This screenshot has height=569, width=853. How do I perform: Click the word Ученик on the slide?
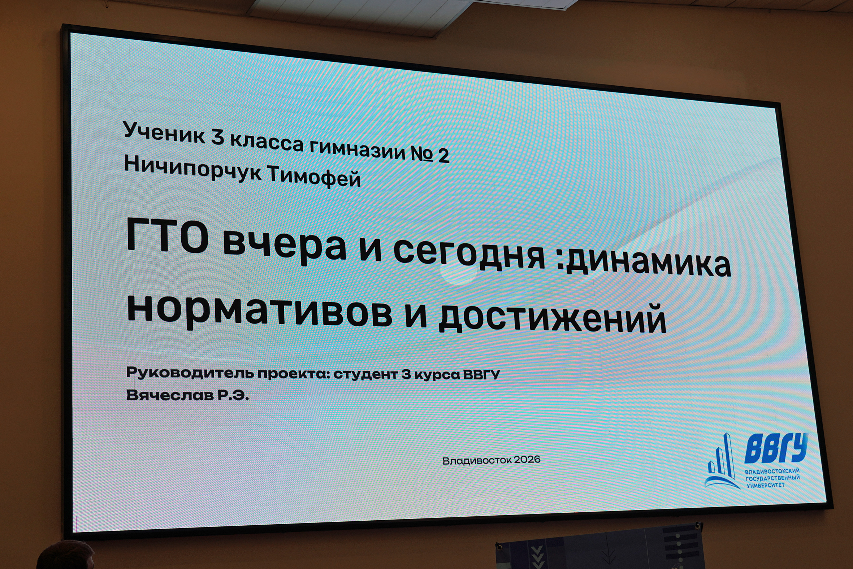coord(164,133)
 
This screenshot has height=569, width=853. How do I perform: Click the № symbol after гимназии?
coord(421,153)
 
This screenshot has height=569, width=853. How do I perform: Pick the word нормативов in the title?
coord(260,312)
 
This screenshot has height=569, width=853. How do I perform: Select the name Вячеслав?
coord(170,395)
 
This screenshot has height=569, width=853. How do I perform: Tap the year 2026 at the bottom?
coord(527,460)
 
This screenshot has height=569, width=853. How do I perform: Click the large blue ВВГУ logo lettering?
coord(776,448)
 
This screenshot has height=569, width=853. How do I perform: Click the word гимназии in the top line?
coord(358,149)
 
